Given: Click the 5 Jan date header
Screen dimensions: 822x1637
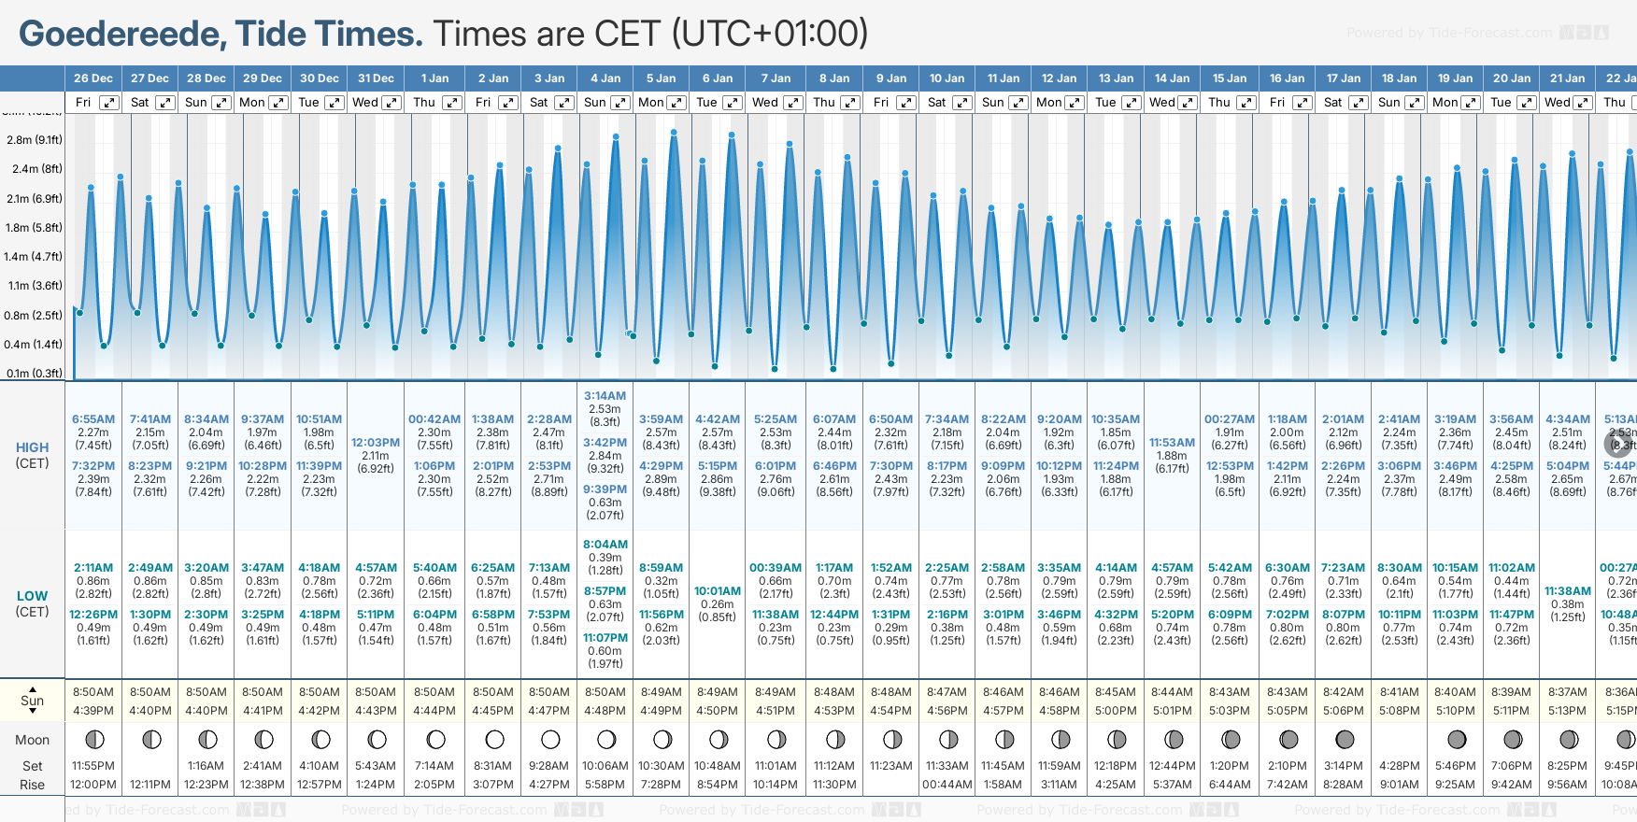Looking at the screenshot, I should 661,78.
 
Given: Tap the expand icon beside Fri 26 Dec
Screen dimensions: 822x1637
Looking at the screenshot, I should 109,103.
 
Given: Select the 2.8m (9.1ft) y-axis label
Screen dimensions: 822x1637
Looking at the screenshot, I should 35,140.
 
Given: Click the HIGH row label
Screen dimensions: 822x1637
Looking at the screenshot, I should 32,447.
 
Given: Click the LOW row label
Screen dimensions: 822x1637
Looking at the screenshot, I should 32,596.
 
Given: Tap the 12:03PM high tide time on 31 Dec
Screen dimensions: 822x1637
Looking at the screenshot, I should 376,443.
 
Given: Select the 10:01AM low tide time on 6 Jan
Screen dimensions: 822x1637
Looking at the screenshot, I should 718,591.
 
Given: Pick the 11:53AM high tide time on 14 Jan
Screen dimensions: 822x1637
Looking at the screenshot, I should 1172,443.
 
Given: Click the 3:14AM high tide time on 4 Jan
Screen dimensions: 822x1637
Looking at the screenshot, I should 605,396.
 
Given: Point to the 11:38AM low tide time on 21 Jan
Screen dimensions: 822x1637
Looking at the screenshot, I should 1567,591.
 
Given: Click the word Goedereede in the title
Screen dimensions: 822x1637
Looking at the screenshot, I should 120,35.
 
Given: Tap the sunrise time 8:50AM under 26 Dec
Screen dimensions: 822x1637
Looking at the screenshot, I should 93,692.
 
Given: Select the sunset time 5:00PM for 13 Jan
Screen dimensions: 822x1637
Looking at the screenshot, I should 1116,711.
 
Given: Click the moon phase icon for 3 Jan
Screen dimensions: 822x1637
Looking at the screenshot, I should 550,740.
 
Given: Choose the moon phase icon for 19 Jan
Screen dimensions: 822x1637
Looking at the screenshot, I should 1456,740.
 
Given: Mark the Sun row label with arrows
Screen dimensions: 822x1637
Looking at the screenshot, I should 32,701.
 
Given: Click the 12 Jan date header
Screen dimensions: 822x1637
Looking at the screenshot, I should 1060,78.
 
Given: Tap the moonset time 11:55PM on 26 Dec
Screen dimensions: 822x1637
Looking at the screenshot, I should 93,766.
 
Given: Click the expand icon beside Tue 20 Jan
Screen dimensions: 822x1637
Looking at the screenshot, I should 1526,103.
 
